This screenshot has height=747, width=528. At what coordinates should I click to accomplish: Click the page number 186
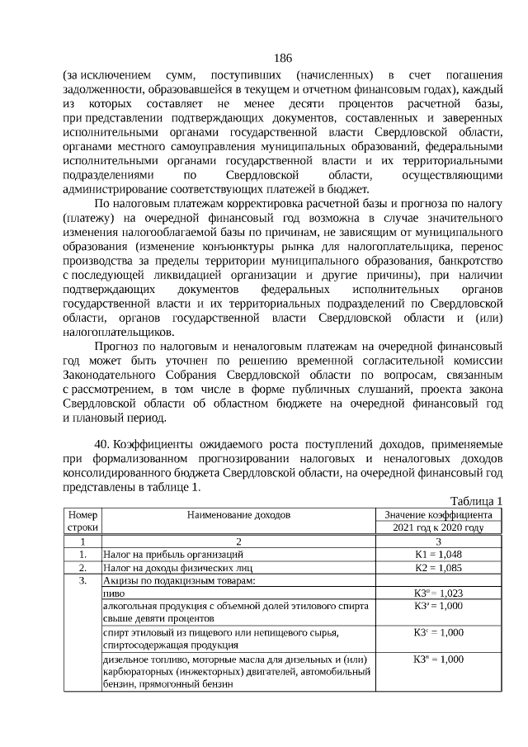tap(283, 58)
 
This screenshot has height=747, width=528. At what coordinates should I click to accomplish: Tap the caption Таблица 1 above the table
tap(476, 501)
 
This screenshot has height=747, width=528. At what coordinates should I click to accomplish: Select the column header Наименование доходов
tap(238, 515)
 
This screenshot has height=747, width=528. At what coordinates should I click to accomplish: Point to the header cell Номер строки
tap(82, 521)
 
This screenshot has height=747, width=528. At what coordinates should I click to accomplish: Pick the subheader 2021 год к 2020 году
tap(438, 527)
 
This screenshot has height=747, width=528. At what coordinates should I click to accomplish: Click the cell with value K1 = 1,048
tap(438, 555)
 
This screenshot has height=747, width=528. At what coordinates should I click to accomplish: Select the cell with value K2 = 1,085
tap(438, 568)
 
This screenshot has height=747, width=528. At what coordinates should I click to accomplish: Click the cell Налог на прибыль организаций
tap(172, 555)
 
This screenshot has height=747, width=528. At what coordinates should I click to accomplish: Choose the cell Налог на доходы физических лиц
tap(177, 568)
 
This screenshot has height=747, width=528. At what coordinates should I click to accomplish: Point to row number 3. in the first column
tap(82, 580)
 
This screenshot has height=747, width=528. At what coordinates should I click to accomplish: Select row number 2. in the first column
tap(82, 568)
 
